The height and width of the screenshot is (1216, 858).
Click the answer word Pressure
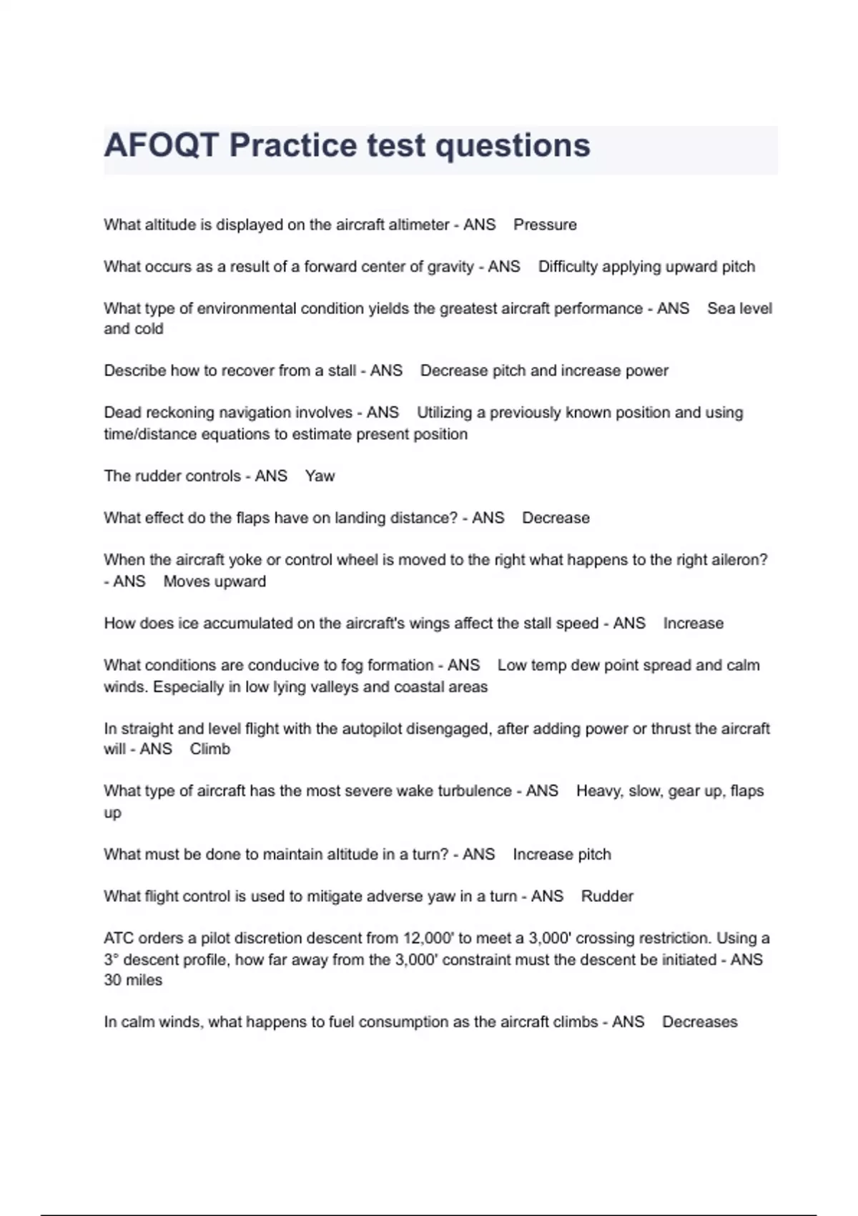pyautogui.click(x=545, y=225)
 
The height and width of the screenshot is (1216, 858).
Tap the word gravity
pyautogui.click(x=450, y=267)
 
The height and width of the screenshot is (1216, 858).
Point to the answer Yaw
pyautogui.click(x=320, y=476)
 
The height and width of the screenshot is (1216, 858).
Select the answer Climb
pyautogui.click(x=210, y=750)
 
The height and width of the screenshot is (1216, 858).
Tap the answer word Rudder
pyautogui.click(x=607, y=896)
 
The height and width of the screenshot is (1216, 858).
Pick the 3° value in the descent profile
pyautogui.click(x=111, y=960)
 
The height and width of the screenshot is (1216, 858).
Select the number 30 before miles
pyautogui.click(x=112, y=981)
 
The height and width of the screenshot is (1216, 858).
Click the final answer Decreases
pyautogui.click(x=699, y=1022)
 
